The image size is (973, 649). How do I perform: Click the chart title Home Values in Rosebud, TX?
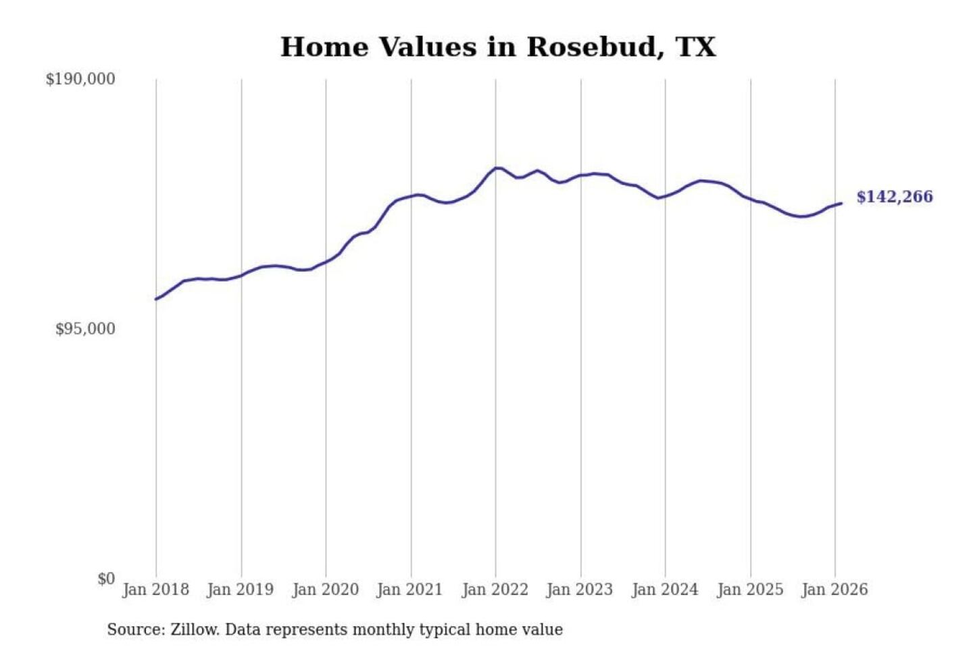498,47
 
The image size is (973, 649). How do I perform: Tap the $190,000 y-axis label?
80,79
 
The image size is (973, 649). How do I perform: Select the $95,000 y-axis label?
85,329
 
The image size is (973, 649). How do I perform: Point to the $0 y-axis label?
106,579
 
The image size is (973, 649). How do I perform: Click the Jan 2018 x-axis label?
155,590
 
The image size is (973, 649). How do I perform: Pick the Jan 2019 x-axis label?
240,590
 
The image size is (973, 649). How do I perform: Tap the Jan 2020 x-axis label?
325,590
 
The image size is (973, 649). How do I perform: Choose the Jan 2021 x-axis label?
409,590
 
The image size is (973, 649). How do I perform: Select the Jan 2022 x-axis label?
495,590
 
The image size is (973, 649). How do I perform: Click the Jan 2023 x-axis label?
579,590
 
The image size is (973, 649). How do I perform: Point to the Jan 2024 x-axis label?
664,590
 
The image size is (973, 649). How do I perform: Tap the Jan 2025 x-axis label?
749,590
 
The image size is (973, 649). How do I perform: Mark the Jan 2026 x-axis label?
834,590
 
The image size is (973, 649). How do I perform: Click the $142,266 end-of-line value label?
895,197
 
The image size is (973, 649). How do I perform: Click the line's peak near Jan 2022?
497,168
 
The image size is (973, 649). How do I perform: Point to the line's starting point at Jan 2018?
156,299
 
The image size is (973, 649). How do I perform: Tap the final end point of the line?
841,203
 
